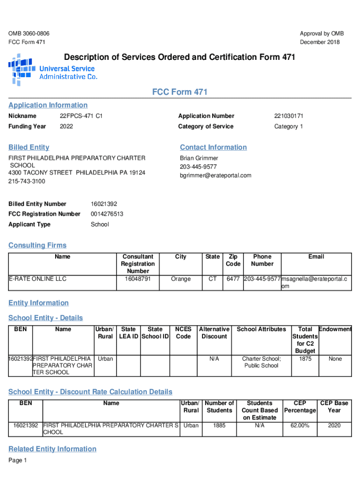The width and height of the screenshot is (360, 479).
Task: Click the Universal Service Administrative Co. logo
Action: [x=52, y=70]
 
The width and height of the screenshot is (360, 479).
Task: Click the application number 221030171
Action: [x=289, y=116]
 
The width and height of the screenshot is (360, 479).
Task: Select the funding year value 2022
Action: [x=66, y=127]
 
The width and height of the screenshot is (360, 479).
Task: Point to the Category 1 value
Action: [x=288, y=127]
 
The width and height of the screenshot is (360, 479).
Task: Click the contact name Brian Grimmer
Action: [x=199, y=159]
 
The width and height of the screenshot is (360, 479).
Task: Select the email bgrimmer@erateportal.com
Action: [x=216, y=176]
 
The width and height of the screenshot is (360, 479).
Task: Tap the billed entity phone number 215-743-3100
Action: [x=27, y=181]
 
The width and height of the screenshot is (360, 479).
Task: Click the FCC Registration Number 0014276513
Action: [x=107, y=214]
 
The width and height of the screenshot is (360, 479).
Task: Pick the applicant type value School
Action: [x=100, y=225]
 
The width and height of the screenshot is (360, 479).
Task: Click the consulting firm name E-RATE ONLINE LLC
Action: [x=38, y=279]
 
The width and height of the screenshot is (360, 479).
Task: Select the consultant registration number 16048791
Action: [x=138, y=279]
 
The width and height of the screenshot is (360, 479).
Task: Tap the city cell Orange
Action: [x=180, y=279]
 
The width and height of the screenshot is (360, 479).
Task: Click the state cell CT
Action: [x=212, y=279]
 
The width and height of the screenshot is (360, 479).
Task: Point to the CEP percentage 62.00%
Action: [x=300, y=426]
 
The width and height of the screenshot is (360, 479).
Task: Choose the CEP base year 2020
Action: [x=334, y=426]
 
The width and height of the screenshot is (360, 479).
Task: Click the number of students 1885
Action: [x=219, y=426]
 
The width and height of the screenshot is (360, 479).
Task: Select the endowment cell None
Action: [x=335, y=359]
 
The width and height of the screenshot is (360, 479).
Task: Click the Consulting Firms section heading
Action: [x=37, y=246]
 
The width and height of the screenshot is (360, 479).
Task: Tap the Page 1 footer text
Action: [x=18, y=461]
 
